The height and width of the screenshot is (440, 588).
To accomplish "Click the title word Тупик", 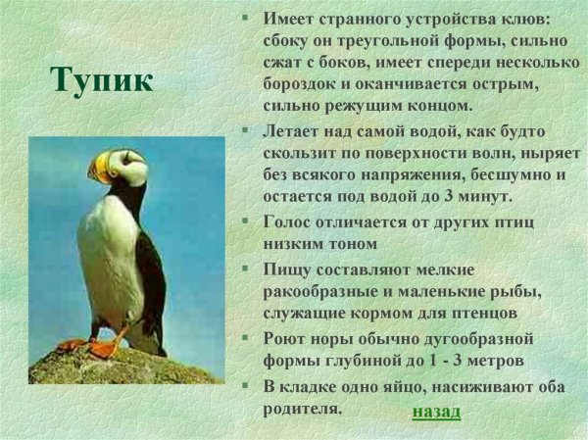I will click(102, 79).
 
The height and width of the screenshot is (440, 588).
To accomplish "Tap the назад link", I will click(435, 411).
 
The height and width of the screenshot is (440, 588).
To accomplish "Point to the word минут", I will click(487, 196).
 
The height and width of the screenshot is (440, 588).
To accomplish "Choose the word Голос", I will click(290, 221).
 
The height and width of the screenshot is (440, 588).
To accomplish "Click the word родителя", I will click(302, 409).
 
